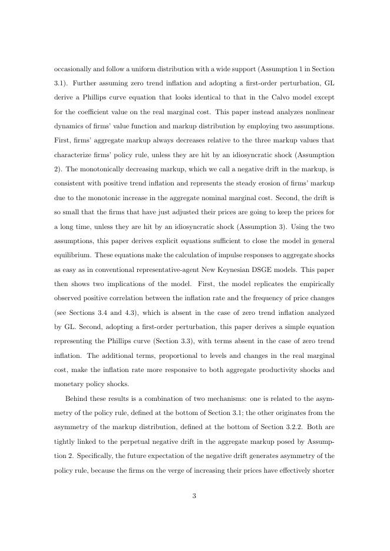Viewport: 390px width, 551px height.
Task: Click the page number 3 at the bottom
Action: click(x=194, y=496)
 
